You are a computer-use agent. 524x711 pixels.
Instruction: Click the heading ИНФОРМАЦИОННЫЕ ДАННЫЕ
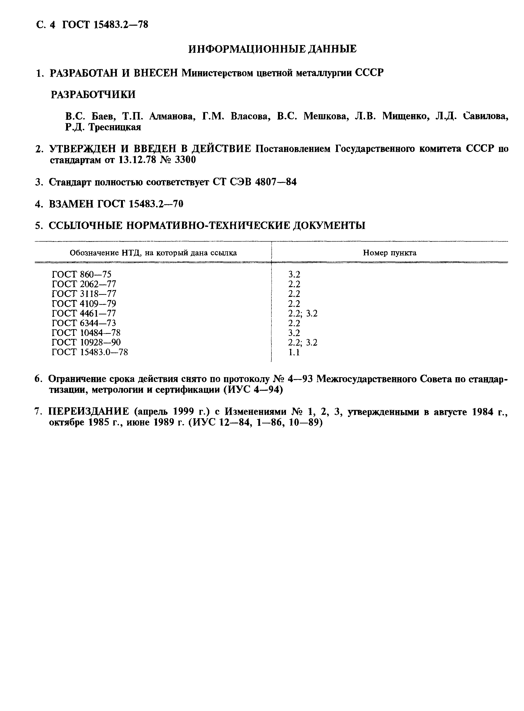click(272, 49)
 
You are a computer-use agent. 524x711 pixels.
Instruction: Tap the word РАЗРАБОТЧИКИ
click(93, 95)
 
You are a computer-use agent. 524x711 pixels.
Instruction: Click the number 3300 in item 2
click(185, 160)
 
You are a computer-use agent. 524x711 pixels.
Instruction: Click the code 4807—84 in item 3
click(276, 182)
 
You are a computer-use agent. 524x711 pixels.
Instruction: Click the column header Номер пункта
click(389, 253)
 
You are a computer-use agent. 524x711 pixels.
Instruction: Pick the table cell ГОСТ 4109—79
click(84, 303)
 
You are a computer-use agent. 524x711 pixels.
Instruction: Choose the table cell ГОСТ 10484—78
click(86, 333)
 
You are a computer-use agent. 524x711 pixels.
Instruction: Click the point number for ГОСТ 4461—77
click(302, 313)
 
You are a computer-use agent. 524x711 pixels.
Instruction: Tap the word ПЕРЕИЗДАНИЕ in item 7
click(89, 412)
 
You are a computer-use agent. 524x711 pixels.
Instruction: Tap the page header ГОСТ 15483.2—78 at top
click(105, 25)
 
